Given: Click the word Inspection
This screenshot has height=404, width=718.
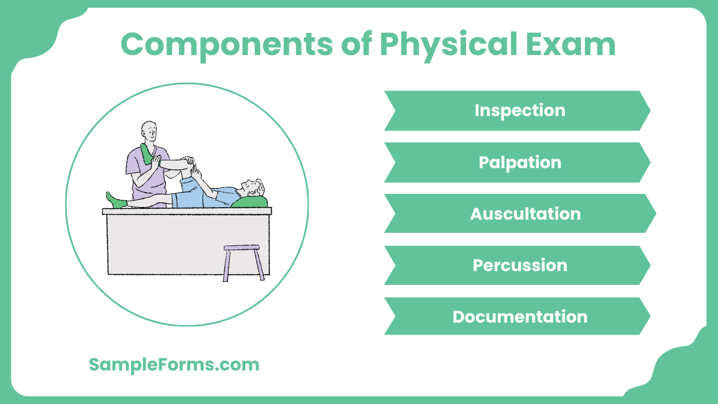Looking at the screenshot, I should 519,111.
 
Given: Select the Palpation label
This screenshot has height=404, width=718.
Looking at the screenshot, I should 519,162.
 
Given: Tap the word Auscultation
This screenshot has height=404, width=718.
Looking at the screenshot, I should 525,214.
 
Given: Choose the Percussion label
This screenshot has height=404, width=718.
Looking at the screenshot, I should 519,265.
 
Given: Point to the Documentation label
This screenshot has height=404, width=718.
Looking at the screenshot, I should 519,317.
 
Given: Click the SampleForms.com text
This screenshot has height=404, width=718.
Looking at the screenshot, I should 174,364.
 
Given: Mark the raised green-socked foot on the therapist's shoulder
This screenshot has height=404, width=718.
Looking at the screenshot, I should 147,153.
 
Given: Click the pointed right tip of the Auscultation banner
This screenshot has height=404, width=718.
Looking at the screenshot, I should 655,214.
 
